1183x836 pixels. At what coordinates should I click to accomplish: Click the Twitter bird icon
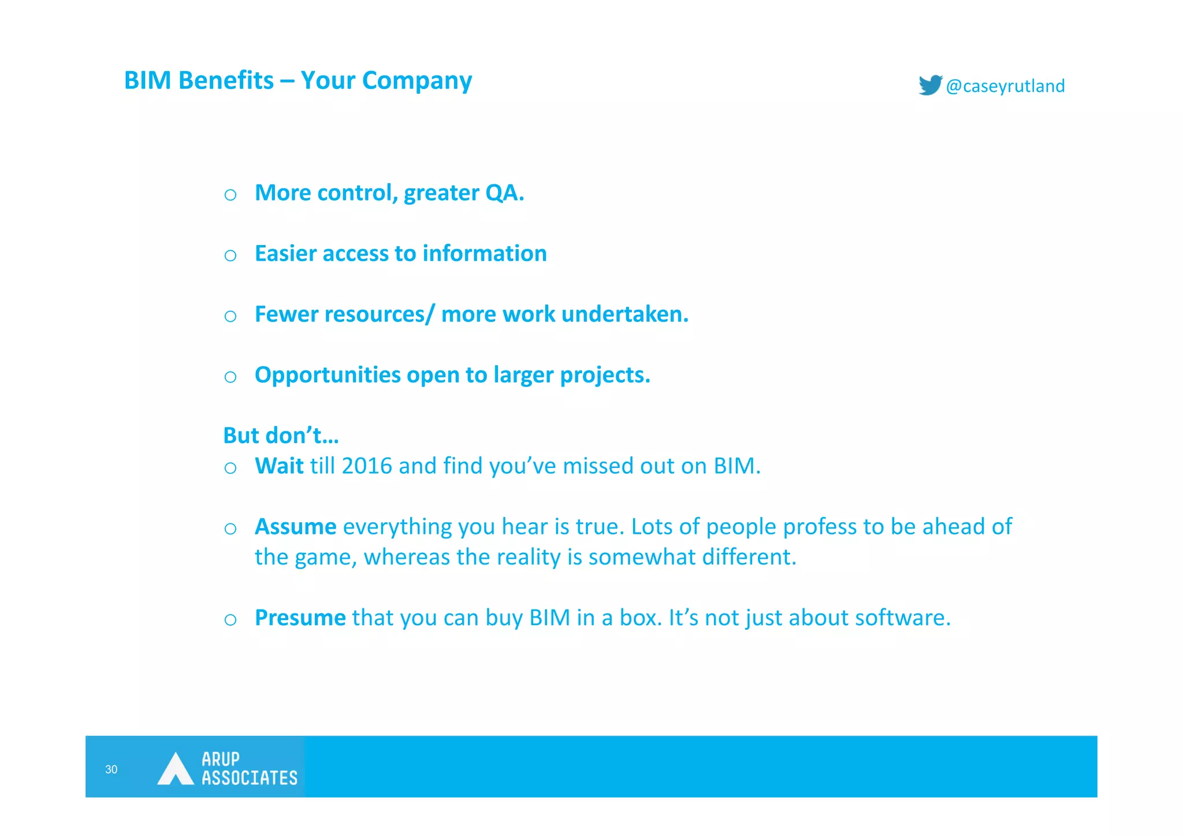(x=930, y=85)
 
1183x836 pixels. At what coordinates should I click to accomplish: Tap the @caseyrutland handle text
(x=1005, y=86)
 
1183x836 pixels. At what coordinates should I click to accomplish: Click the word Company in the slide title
(x=416, y=80)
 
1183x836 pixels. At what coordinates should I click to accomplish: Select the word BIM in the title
(x=147, y=80)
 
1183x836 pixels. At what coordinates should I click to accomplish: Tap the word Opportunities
(x=328, y=376)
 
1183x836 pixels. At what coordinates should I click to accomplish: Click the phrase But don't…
(x=281, y=436)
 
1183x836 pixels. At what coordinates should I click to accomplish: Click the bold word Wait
(x=279, y=466)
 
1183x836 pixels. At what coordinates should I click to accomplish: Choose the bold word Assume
(x=295, y=527)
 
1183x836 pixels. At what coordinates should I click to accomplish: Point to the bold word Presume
(x=300, y=618)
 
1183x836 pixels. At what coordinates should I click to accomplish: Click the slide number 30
(x=111, y=769)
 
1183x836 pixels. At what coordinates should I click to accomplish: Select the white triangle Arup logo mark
(x=175, y=769)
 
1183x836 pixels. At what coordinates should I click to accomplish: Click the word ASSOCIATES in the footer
(x=249, y=778)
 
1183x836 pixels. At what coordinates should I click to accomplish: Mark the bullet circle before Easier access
(x=230, y=255)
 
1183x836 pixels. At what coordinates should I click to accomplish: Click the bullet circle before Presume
(x=230, y=620)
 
